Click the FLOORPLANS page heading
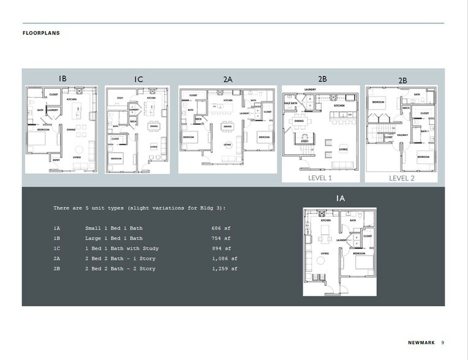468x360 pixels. point(41,33)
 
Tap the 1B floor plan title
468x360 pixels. point(62,78)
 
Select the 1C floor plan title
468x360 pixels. point(138,80)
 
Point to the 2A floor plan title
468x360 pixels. point(228,79)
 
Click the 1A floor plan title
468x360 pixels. point(340,198)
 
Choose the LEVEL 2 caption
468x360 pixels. point(402,178)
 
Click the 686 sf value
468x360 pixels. point(221,228)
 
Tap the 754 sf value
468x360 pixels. point(221,238)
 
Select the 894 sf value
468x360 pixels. point(221,249)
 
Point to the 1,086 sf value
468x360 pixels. point(224,258)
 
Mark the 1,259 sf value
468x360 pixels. point(224,269)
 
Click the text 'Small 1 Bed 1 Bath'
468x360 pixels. point(114,228)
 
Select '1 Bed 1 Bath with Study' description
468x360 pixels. point(122,249)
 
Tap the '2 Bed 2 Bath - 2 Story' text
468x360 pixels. point(120,269)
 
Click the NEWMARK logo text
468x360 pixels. point(421,342)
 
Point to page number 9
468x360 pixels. point(443,342)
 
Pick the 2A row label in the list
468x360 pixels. point(57,258)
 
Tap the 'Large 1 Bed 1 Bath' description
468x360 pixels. point(114,238)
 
